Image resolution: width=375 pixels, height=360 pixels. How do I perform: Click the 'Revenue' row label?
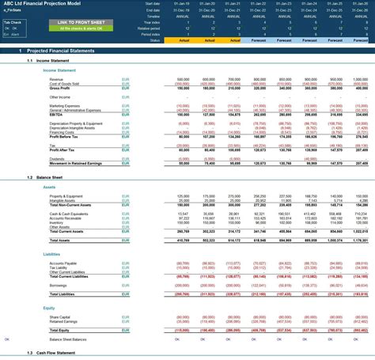tap(56, 80)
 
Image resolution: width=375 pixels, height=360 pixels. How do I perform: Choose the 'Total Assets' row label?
tap(60, 240)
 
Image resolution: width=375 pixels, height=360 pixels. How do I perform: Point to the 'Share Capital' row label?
tap(60, 316)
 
